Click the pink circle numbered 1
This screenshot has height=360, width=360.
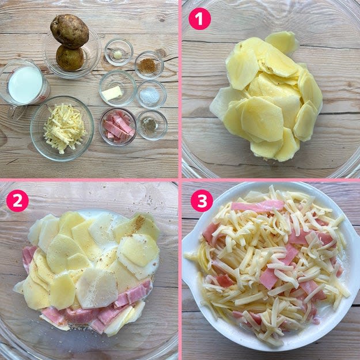click(x=199, y=19)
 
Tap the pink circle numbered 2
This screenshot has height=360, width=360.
click(x=17, y=200)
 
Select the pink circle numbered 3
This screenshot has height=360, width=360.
click(x=202, y=200)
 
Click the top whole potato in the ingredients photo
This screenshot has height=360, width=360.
click(x=70, y=31)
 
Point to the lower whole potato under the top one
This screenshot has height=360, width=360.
click(x=70, y=58)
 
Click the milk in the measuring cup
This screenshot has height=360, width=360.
click(x=25, y=85)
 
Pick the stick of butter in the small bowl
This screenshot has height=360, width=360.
click(x=112, y=93)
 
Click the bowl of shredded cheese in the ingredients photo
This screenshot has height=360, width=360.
click(x=62, y=128)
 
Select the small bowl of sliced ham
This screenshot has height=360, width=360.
click(x=118, y=127)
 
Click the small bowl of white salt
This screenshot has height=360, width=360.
click(x=151, y=94)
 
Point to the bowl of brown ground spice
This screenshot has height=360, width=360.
click(x=149, y=66)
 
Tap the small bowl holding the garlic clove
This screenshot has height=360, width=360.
click(x=119, y=52)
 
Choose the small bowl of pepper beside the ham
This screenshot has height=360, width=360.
click(x=152, y=125)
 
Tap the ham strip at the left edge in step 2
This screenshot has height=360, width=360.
click(x=28, y=257)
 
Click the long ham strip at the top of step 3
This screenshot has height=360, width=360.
click(x=257, y=206)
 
